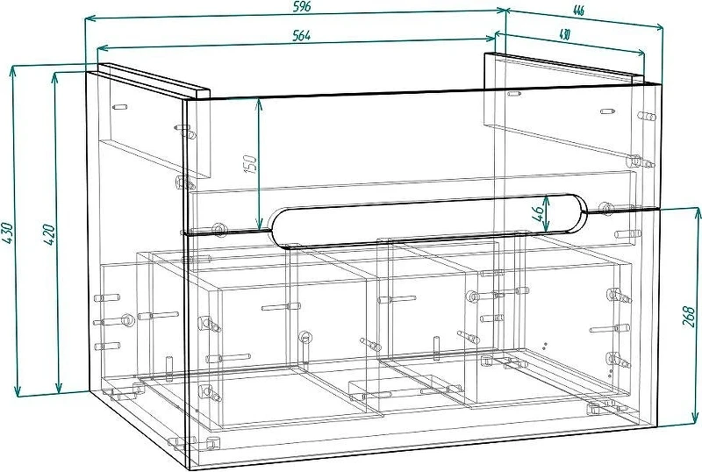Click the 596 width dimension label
[x=302, y=7]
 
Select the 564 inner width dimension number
[x=301, y=35]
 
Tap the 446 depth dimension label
[x=578, y=10]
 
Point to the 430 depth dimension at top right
[x=564, y=34]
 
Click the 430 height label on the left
[x=8, y=232]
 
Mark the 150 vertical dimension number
[x=251, y=164]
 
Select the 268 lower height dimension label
[x=690, y=316]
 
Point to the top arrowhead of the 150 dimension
[x=258, y=104]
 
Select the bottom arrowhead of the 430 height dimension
[x=18, y=391]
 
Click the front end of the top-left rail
[x=203, y=93]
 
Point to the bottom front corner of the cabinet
[x=190, y=468]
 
